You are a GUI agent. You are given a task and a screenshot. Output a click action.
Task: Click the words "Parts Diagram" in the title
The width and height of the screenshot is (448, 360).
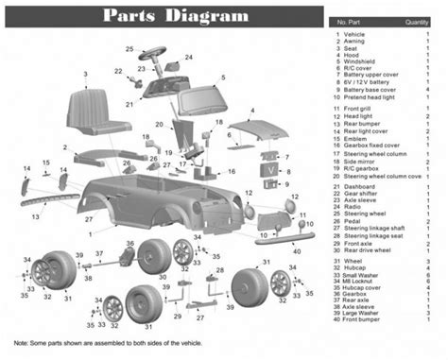pos(176,16)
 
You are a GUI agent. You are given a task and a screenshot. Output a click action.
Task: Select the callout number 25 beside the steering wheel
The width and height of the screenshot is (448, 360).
pos(129,47)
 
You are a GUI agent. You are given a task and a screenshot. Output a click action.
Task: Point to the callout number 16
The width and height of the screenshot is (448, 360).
pos(232,172)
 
